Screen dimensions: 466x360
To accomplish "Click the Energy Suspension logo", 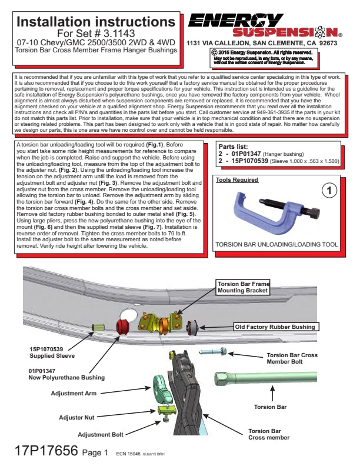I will point(265,25).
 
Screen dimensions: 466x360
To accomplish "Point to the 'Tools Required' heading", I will point(236,179).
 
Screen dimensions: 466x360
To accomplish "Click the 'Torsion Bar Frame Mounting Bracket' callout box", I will point(242,287).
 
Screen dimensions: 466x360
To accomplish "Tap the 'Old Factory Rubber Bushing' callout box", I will point(275,326).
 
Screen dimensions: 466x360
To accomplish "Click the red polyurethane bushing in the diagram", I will point(124,327).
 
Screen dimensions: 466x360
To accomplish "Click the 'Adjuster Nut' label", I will point(76,417).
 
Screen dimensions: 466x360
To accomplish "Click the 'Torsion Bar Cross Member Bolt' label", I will point(292,359).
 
